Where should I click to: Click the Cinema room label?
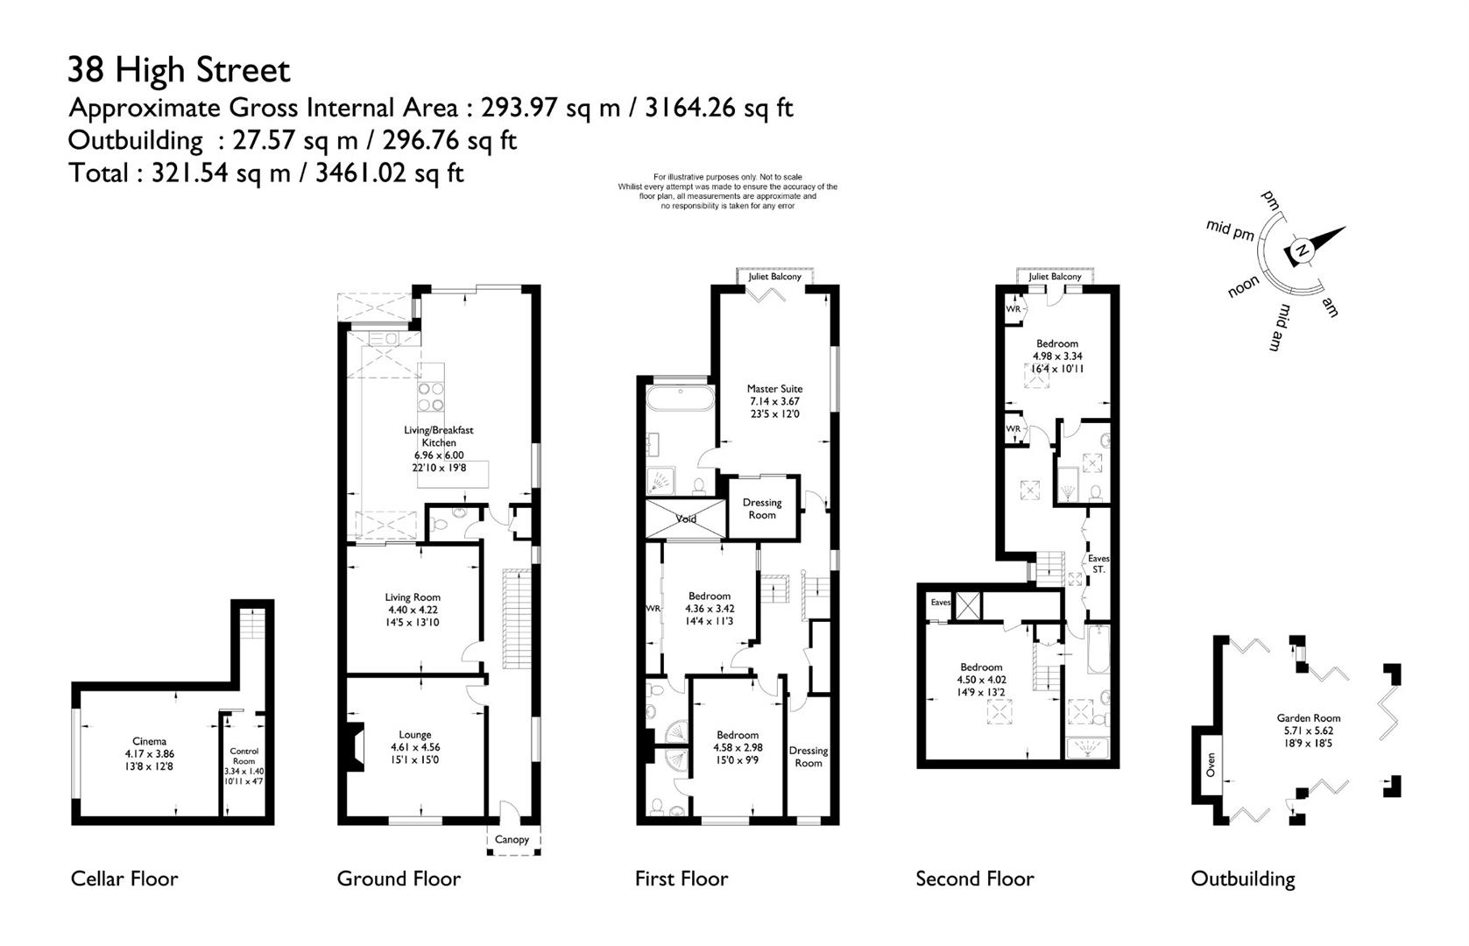tap(150, 741)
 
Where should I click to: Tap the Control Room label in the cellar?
tap(244, 756)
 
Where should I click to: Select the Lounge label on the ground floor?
tap(415, 735)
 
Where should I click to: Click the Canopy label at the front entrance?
tap(512, 839)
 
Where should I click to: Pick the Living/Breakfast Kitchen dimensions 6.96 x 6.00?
tap(439, 455)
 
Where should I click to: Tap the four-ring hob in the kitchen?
tap(431, 397)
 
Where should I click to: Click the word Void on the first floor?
tap(686, 519)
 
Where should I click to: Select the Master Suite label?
tap(774, 389)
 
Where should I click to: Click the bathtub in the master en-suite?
tap(680, 399)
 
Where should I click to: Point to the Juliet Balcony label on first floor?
tap(774, 277)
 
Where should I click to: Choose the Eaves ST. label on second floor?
tap(1098, 564)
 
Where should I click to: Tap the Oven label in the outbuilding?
tap(1211, 765)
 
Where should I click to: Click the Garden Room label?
tap(1309, 718)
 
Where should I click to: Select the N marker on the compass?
tap(1303, 251)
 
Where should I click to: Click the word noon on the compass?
tap(1243, 286)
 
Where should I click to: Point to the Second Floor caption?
tap(975, 879)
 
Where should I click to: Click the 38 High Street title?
tap(179, 69)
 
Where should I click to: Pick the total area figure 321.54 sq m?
tap(221, 173)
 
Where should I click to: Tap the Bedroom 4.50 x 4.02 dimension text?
tap(981, 680)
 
